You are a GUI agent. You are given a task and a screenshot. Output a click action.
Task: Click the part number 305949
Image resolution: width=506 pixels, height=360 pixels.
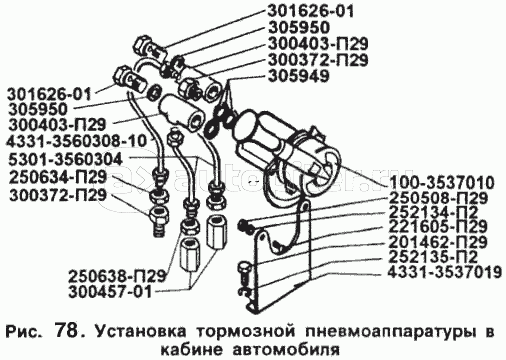coord(299,76)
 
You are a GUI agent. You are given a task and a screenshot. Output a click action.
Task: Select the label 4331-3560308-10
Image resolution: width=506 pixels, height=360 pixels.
coord(76,141)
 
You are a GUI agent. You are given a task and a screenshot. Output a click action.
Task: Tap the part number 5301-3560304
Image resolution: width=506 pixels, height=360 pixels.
coord(64,159)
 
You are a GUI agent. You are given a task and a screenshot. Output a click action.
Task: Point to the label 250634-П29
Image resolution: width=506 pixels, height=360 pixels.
coord(57,177)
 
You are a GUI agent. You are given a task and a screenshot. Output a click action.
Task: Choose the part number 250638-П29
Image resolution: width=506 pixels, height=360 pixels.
coord(117,276)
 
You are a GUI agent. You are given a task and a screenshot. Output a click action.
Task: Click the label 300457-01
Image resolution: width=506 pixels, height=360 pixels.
coord(110,292)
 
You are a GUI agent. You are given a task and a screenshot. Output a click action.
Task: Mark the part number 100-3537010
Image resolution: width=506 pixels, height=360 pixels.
coord(441,183)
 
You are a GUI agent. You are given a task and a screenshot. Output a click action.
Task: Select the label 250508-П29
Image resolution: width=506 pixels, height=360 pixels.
coord(438,198)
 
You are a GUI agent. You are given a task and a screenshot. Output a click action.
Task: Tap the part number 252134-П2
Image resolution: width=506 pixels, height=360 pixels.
coord(433,213)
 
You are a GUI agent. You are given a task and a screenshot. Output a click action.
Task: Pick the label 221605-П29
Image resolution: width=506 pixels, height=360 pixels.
coord(438,227)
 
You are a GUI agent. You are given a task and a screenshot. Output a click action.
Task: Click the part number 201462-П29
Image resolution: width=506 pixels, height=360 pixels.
coord(438,242)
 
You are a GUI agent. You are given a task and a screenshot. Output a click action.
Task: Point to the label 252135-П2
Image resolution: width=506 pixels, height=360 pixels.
coord(433,257)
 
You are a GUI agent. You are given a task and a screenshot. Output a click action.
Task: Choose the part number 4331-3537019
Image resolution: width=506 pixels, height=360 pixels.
coord(445,272)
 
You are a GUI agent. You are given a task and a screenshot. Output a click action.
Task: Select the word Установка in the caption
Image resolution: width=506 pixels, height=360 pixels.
coord(139,333)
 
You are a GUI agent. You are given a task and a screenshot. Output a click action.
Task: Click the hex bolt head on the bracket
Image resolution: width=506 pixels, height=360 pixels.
coord(243,268)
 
